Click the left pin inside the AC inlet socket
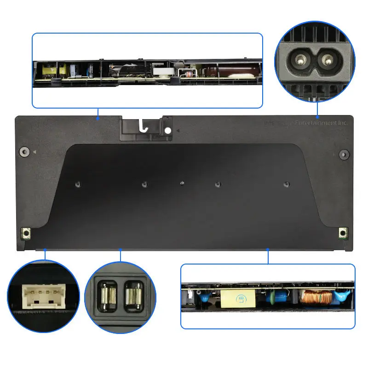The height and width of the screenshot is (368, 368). [x=303, y=59]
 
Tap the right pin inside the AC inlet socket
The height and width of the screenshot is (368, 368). [x=328, y=59]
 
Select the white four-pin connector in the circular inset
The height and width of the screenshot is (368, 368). [x=41, y=294]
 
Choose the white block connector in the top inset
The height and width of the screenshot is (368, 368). [x=162, y=73]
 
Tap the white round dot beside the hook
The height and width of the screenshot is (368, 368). [x=168, y=131]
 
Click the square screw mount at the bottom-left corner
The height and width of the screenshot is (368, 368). [x=26, y=234]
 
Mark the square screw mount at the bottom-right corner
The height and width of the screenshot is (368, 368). [x=342, y=233]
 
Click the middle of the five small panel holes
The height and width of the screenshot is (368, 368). [x=182, y=184]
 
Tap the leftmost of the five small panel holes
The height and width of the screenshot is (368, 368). [x=77, y=184]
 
